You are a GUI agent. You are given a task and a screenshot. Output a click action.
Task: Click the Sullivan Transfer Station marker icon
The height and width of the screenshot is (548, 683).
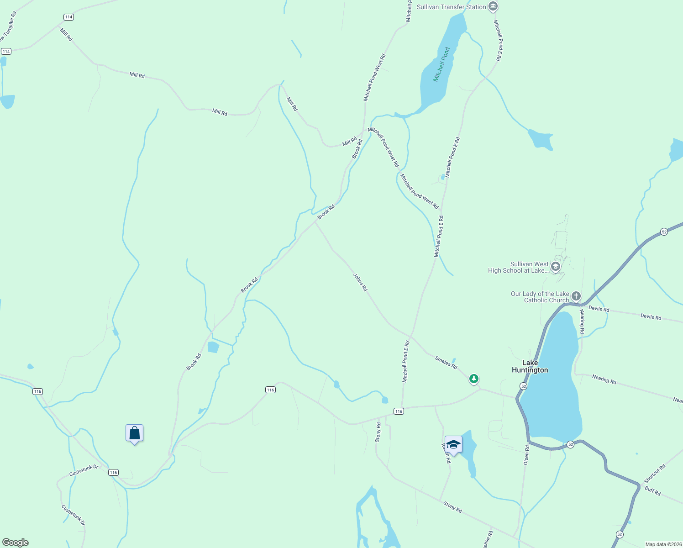click(x=493, y=6)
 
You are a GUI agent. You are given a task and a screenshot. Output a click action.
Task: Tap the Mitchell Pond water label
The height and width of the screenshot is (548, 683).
click(x=441, y=64)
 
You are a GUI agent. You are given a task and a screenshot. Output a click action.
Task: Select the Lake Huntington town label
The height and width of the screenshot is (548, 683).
click(x=530, y=366)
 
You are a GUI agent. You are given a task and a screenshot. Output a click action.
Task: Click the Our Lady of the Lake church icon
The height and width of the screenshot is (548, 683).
click(x=576, y=296)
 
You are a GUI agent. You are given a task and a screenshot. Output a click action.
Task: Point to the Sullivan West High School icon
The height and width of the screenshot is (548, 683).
click(x=556, y=267)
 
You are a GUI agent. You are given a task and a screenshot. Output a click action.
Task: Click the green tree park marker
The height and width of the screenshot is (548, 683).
click(x=474, y=379)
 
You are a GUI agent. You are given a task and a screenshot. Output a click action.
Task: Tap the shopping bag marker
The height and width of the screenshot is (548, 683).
click(x=134, y=433)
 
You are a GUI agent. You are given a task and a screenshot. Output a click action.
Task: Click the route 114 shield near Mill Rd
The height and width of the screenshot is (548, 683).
click(x=68, y=17)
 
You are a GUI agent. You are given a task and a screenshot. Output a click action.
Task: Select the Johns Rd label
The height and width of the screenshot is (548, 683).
click(x=360, y=282)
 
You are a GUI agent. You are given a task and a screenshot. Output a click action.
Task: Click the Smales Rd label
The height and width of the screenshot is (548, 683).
click(x=446, y=363)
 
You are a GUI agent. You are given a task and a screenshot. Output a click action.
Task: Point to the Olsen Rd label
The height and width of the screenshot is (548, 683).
click(x=526, y=455)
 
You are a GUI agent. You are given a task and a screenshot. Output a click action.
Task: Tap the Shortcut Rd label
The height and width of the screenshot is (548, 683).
click(x=655, y=474)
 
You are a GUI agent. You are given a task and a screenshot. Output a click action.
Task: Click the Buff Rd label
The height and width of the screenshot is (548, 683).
click(x=652, y=491)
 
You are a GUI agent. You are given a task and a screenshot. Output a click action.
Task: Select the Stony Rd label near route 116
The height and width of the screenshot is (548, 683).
click(x=378, y=432)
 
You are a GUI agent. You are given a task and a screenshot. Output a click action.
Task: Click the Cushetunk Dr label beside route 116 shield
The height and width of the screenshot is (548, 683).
click(x=84, y=470)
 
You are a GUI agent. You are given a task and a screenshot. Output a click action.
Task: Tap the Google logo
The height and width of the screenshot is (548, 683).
click(x=16, y=543)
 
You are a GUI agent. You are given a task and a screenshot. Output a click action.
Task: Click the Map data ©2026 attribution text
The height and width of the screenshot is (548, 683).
click(x=662, y=544)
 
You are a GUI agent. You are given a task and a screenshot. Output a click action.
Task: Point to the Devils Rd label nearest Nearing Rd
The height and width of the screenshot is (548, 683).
click(x=599, y=309)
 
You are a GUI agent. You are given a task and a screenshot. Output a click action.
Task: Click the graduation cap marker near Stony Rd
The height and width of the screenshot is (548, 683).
click(x=453, y=444)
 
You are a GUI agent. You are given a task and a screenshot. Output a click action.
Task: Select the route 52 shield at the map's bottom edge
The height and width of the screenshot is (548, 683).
click(x=619, y=534)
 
